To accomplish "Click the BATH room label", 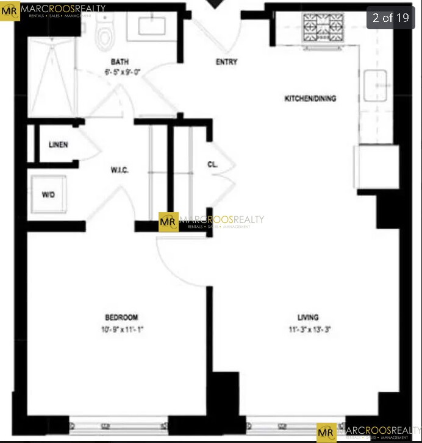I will (x=120, y=62).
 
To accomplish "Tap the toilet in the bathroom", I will (x=105, y=34).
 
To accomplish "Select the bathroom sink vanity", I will (x=149, y=26).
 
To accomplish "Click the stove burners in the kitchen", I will (x=323, y=28).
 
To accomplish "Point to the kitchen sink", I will (x=376, y=85).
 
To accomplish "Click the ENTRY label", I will (x=227, y=62).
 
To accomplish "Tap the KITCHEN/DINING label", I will (x=310, y=99).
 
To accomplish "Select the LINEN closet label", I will (x=59, y=145).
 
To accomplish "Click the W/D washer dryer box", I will (x=49, y=195).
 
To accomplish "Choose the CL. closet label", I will (x=213, y=165).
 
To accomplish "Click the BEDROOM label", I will (x=121, y=317).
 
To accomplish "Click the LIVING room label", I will (x=308, y=317).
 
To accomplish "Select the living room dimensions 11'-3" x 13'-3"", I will (x=309, y=329).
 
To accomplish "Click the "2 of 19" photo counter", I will (x=391, y=18).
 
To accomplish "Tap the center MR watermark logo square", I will (x=168, y=222).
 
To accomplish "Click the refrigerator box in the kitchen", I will (x=378, y=166).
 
